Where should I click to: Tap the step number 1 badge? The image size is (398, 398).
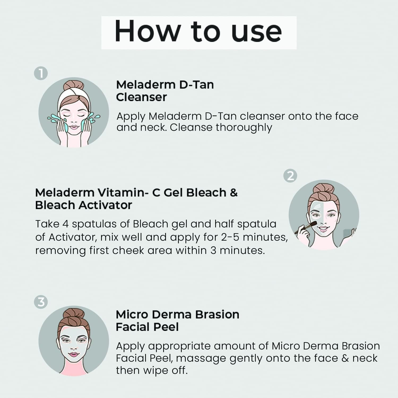[41, 73]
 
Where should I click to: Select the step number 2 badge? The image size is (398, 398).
[290, 176]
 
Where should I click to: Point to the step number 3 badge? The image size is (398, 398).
[41, 302]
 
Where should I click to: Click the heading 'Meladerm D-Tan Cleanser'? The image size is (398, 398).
[165, 91]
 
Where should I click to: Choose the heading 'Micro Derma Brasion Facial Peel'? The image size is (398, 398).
[177, 321]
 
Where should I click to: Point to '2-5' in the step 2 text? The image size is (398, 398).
[230, 237]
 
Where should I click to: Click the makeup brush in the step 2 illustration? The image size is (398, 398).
[305, 228]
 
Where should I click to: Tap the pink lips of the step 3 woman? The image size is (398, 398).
[73, 354]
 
